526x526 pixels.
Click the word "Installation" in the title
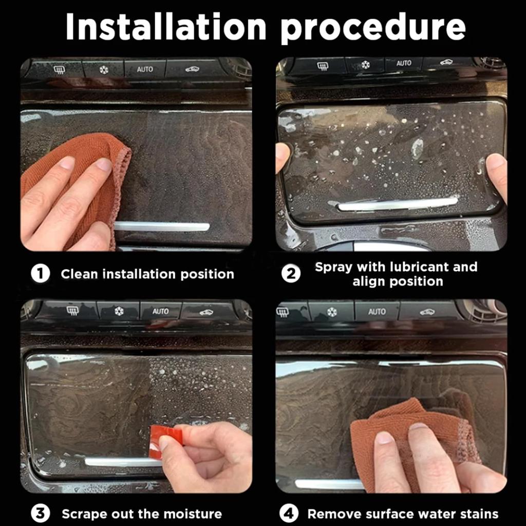(166, 27)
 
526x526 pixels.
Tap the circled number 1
(40, 274)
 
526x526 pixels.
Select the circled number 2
(291, 274)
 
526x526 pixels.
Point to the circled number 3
(40, 514)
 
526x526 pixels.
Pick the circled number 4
(289, 514)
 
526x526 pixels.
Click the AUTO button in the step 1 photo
(145, 69)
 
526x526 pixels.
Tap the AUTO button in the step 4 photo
(377, 312)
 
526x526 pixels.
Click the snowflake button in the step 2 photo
(365, 64)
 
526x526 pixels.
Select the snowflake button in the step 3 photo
(119, 311)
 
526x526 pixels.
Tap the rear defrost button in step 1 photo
(59, 70)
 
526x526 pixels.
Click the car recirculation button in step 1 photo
(192, 69)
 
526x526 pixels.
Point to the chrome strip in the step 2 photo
(398, 204)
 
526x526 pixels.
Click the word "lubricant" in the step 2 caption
(421, 267)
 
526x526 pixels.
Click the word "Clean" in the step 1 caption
(80, 274)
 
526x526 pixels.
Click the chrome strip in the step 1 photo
(162, 227)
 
